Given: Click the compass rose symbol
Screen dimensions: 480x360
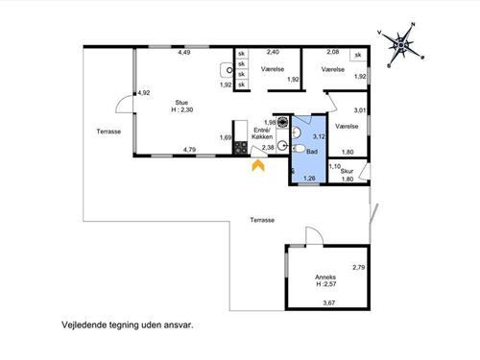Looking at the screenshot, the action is click(401, 45).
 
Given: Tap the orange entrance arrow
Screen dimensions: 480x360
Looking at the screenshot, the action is click(258, 166).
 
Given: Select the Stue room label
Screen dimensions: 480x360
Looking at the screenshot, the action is click(181, 103).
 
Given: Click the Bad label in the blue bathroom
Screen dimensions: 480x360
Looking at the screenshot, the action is click(312, 152).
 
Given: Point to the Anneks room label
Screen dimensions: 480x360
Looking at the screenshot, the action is click(325, 277).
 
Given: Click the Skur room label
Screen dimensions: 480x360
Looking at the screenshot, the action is click(347, 172).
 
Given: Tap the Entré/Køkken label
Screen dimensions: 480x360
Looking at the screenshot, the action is click(262, 133).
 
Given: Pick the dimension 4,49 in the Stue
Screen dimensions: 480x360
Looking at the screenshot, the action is click(184, 53).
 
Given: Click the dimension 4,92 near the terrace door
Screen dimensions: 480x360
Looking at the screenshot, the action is click(144, 93).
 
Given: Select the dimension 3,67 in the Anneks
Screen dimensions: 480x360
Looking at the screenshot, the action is click(329, 302).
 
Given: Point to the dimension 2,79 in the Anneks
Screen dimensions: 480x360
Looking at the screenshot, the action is click(359, 267).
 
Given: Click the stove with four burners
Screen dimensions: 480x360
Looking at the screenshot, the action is click(241, 148).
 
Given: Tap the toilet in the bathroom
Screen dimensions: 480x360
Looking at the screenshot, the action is click(299, 149).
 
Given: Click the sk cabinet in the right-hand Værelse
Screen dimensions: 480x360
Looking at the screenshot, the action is click(358, 55).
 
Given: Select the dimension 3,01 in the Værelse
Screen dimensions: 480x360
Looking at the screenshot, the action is click(360, 110).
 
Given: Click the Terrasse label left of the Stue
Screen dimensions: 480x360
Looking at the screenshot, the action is click(108, 132).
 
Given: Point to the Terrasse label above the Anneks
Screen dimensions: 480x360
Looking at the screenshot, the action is click(262, 220).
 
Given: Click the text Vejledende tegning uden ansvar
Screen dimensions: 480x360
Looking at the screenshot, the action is click(128, 325).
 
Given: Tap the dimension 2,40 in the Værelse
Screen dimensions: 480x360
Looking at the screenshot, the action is click(273, 52).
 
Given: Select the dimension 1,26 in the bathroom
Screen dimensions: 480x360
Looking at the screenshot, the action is click(309, 179).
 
